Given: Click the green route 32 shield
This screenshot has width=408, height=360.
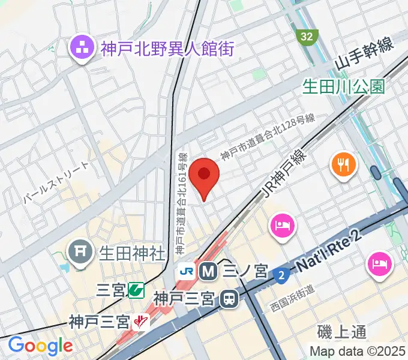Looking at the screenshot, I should click(307, 37).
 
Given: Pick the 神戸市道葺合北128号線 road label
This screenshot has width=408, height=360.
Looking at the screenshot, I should click(267, 137).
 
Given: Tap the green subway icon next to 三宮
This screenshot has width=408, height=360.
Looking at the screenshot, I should click(136, 290).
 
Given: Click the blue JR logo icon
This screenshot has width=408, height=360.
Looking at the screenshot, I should click(186, 271).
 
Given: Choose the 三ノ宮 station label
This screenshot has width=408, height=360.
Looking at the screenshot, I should click(244, 271).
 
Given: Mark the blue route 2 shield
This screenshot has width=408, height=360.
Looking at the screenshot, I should click(280, 275).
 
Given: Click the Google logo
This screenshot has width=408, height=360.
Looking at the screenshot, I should click(40, 346).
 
